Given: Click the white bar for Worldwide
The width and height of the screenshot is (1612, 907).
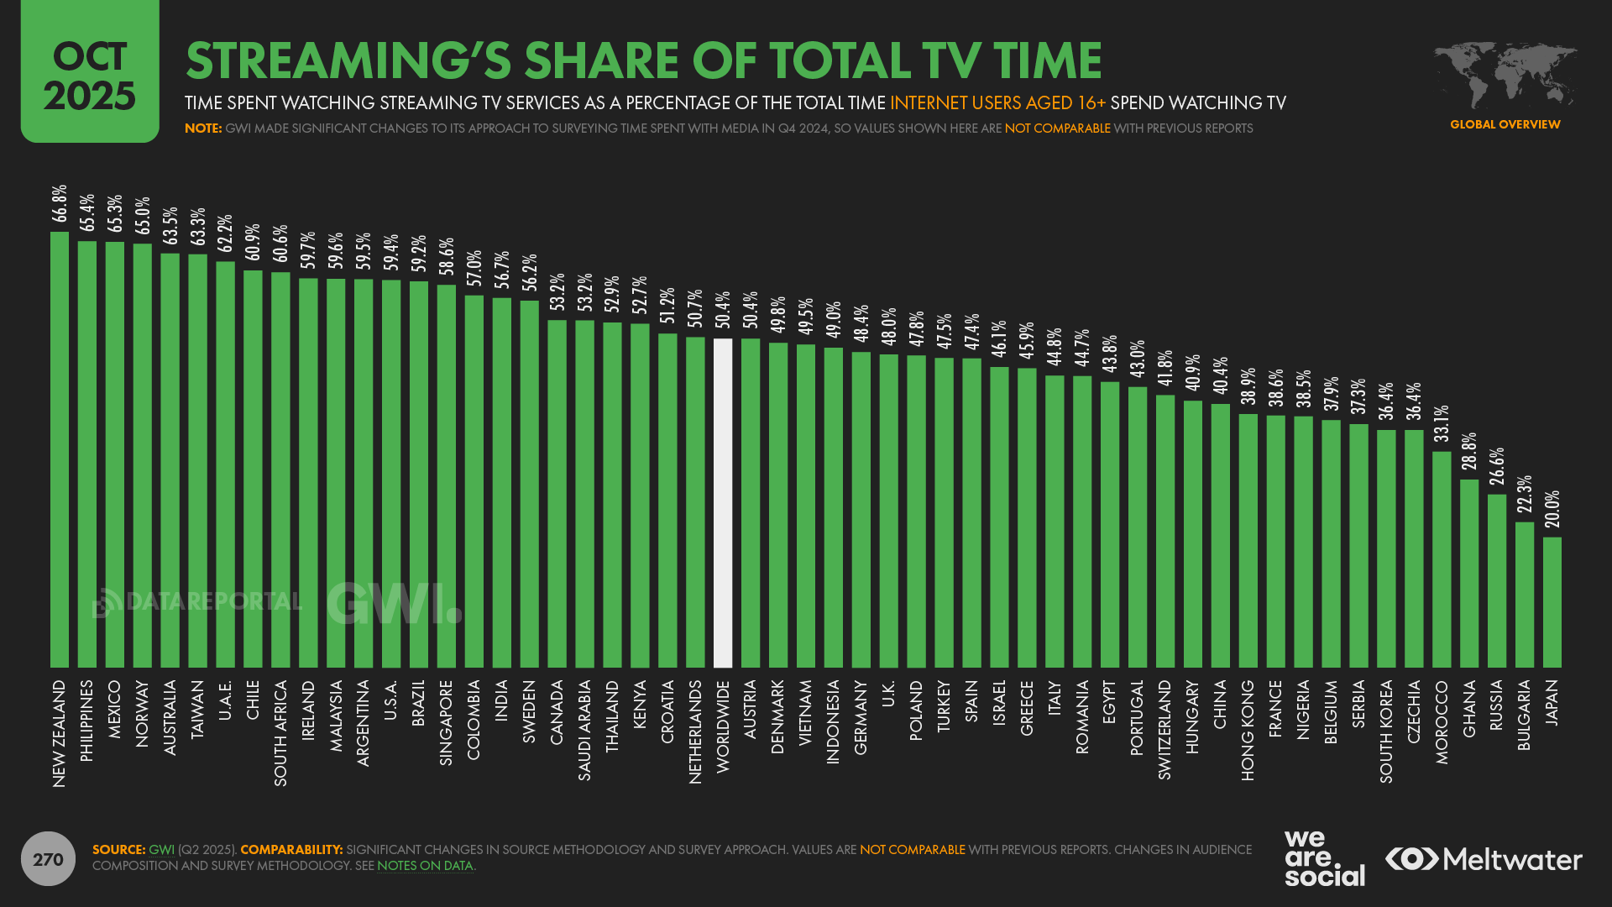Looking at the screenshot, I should (722, 503).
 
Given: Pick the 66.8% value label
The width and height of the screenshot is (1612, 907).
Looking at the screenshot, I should (60, 204).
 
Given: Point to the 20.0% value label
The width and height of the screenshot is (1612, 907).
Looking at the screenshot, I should (1552, 510).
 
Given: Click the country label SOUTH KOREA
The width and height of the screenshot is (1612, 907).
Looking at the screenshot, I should (1386, 731).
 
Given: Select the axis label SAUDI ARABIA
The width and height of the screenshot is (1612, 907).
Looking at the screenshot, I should (584, 730).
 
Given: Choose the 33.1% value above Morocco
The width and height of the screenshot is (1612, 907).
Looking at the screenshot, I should (1442, 424).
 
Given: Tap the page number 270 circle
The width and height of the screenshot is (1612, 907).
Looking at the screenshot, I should (48, 859).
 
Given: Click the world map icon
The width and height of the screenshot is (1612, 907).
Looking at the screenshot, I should (1505, 74).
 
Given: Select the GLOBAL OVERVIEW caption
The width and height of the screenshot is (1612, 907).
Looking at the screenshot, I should (1505, 124).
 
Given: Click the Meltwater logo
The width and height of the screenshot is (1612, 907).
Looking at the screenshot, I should (1484, 859).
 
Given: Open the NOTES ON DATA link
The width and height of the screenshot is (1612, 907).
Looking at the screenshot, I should (425, 866).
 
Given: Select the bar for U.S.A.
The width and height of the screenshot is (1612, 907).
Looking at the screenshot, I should (391, 474).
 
